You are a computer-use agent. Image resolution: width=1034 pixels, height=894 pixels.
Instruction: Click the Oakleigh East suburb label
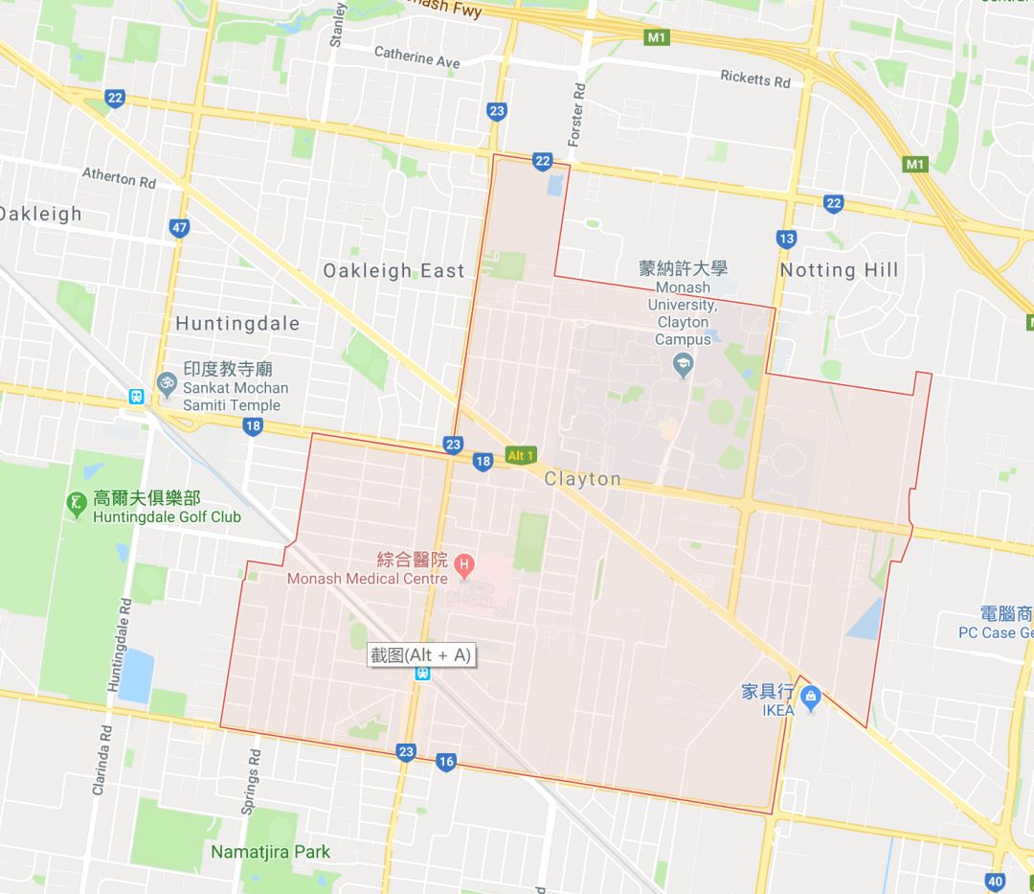pos(393,271)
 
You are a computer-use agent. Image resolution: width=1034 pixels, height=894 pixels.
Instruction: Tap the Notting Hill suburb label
pos(840,270)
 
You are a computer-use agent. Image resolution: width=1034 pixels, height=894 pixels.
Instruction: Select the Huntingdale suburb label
pos(237,324)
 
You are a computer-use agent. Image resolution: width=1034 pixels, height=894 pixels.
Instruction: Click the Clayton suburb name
pos(582,478)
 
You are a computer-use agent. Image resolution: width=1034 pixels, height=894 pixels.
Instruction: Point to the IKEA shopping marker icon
pos(811,697)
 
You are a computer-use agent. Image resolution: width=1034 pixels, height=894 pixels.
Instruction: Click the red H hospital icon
pos(464,563)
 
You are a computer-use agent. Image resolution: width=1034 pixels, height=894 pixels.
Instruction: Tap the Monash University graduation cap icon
pos(683,365)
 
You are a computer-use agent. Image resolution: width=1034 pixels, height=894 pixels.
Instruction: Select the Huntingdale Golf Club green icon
pos(77,502)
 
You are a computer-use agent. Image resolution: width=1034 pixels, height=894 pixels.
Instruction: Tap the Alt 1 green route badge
pos(521,456)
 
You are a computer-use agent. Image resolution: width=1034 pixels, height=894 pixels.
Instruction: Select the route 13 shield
pos(787,238)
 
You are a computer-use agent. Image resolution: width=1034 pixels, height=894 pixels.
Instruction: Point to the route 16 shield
pos(445,762)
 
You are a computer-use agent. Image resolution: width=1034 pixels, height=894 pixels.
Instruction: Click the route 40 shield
pos(994,882)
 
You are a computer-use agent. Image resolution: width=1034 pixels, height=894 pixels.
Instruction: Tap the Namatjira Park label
pos(270,852)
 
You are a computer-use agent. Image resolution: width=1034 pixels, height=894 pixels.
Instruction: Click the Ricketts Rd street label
pos(755,79)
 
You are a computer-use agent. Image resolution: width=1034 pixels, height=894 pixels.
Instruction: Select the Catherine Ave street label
pos(416,57)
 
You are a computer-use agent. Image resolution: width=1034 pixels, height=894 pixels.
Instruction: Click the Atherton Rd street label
pos(119,177)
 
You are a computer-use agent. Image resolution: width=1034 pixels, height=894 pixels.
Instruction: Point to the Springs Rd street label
pos(250,781)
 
